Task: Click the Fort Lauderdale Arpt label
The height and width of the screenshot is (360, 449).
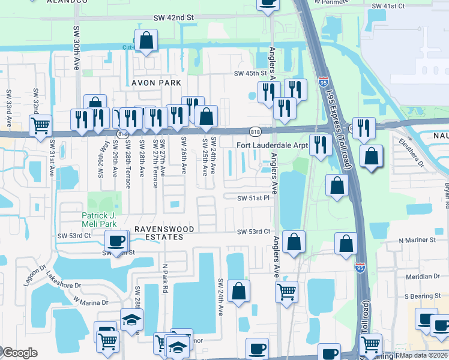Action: click(x=272, y=145)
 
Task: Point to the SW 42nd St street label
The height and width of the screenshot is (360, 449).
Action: click(x=173, y=19)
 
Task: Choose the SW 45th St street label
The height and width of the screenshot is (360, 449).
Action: click(x=250, y=74)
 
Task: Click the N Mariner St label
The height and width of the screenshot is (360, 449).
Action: click(x=420, y=240)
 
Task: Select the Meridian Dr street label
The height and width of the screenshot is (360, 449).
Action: click(x=423, y=277)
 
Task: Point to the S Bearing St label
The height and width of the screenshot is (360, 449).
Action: click(x=423, y=296)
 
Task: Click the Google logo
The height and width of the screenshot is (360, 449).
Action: click(x=20, y=353)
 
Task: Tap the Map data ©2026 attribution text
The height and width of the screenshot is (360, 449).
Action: click(x=425, y=355)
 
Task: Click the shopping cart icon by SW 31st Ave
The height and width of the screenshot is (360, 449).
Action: click(x=40, y=125)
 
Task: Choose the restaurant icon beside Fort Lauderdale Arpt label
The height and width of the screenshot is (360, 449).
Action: click(x=321, y=144)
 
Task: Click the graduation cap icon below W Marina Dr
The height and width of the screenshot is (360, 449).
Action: click(x=131, y=319)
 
